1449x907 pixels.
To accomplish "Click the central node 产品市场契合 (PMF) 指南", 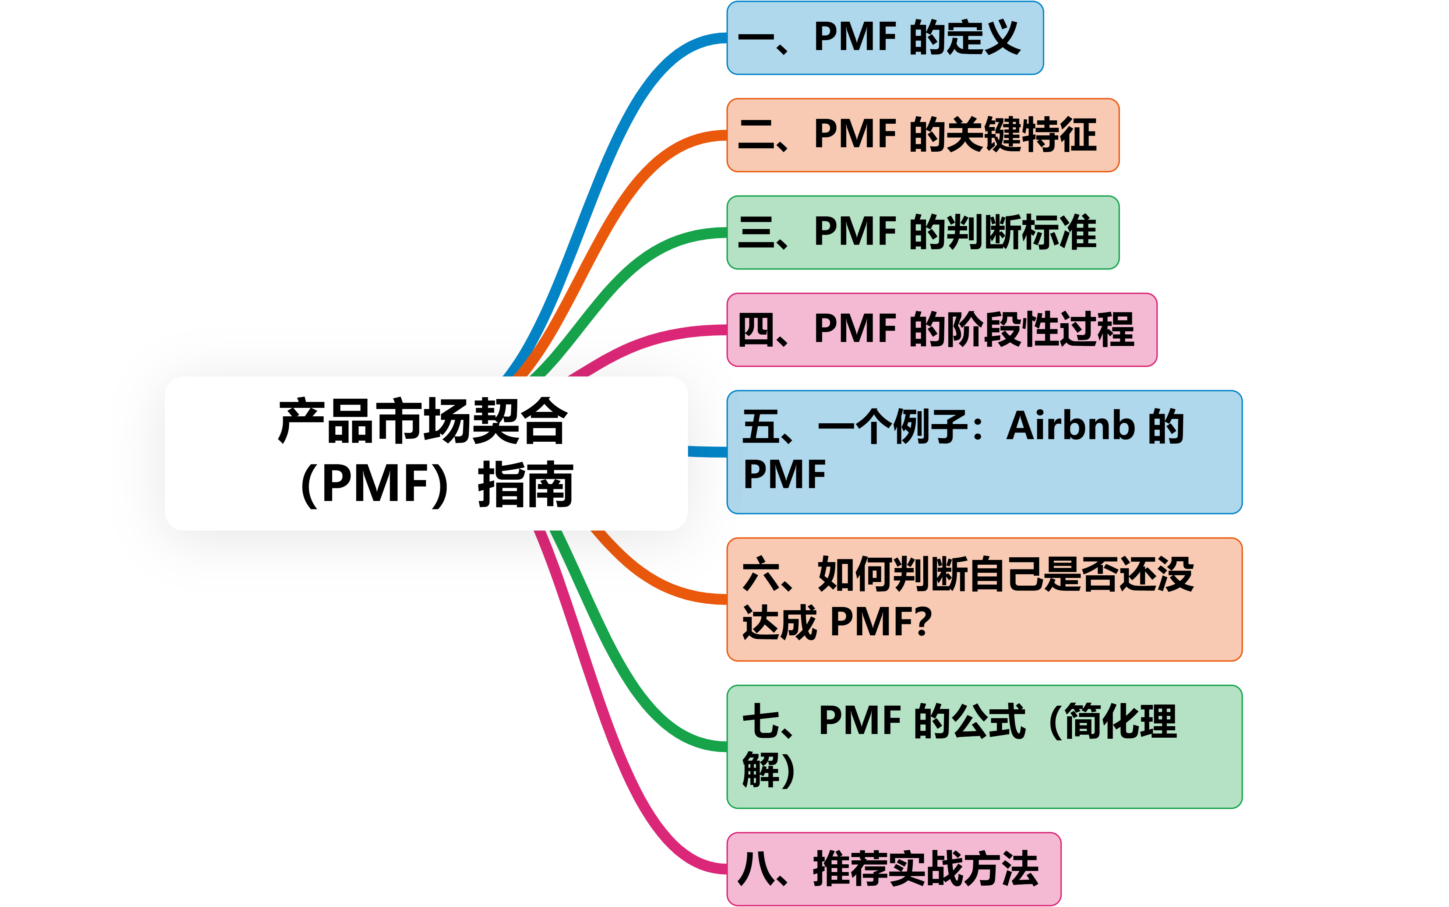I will coord(426,453).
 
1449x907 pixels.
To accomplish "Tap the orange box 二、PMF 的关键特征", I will coord(923,135).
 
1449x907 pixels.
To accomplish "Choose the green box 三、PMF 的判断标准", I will coord(923,232).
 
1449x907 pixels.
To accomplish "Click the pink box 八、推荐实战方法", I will coord(893,869).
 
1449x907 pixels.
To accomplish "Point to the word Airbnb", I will coord(1071,427).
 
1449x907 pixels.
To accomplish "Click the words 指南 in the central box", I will coord(525,485).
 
